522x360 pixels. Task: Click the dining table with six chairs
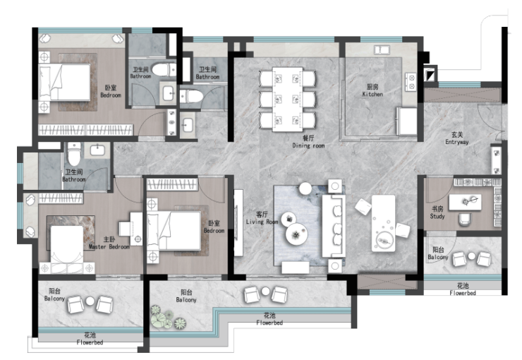pos(287,100)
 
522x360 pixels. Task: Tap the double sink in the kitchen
pos(382,50)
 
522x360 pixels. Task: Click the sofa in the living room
pos(333,226)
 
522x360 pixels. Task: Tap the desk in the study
pos(465,202)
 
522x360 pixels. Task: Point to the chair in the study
pos(465,219)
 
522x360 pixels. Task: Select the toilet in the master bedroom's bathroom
pos(74,154)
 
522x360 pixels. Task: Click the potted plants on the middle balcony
pos(167,318)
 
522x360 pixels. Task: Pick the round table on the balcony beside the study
pos(471,256)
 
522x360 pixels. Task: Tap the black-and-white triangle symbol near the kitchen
pos(430,76)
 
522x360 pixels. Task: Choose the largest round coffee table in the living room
pos(296,234)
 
